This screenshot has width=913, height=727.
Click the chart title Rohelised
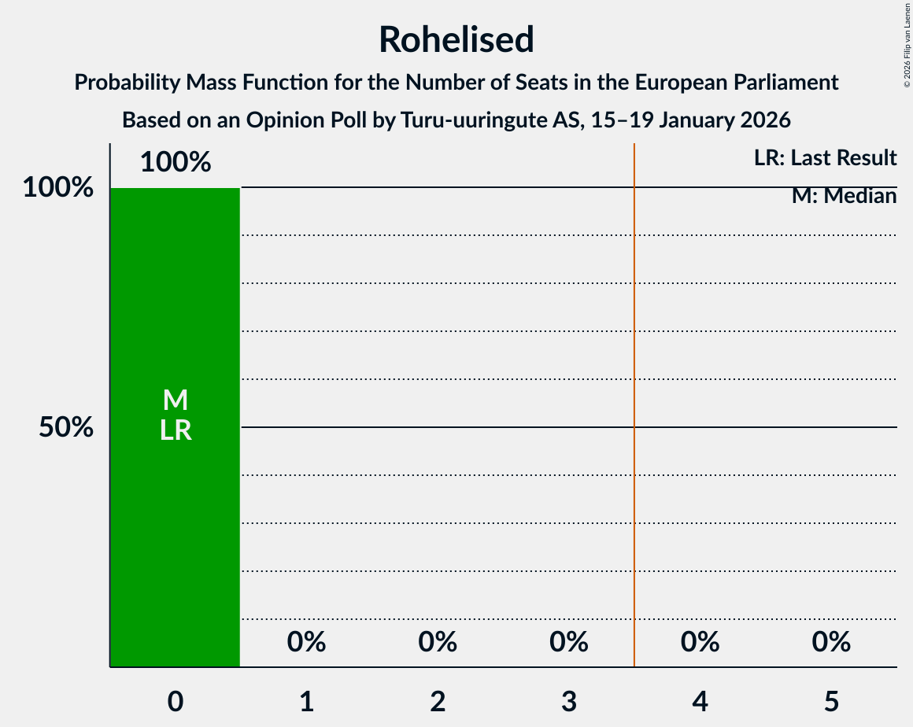(456, 39)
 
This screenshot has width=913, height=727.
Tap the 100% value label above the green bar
(176, 163)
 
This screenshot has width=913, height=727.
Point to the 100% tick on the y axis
(58, 188)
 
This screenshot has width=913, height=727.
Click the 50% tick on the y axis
(67, 427)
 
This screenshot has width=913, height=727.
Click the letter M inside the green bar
(176, 400)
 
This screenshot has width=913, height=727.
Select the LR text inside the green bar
(176, 430)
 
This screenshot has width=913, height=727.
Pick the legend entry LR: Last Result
(825, 158)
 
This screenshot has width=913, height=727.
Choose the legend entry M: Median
(844, 195)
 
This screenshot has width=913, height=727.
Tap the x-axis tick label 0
(176, 701)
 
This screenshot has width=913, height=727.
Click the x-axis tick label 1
(306, 701)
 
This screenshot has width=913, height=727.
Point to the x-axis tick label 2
(438, 701)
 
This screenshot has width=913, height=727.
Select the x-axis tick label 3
(569, 701)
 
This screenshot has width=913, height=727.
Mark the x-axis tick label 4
(700, 701)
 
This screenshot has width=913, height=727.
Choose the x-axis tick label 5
(831, 701)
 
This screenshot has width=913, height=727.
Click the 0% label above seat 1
(306, 643)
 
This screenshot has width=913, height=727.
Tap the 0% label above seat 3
(569, 643)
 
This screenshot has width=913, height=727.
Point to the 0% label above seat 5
(831, 643)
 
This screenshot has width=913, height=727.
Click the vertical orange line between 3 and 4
(634, 393)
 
